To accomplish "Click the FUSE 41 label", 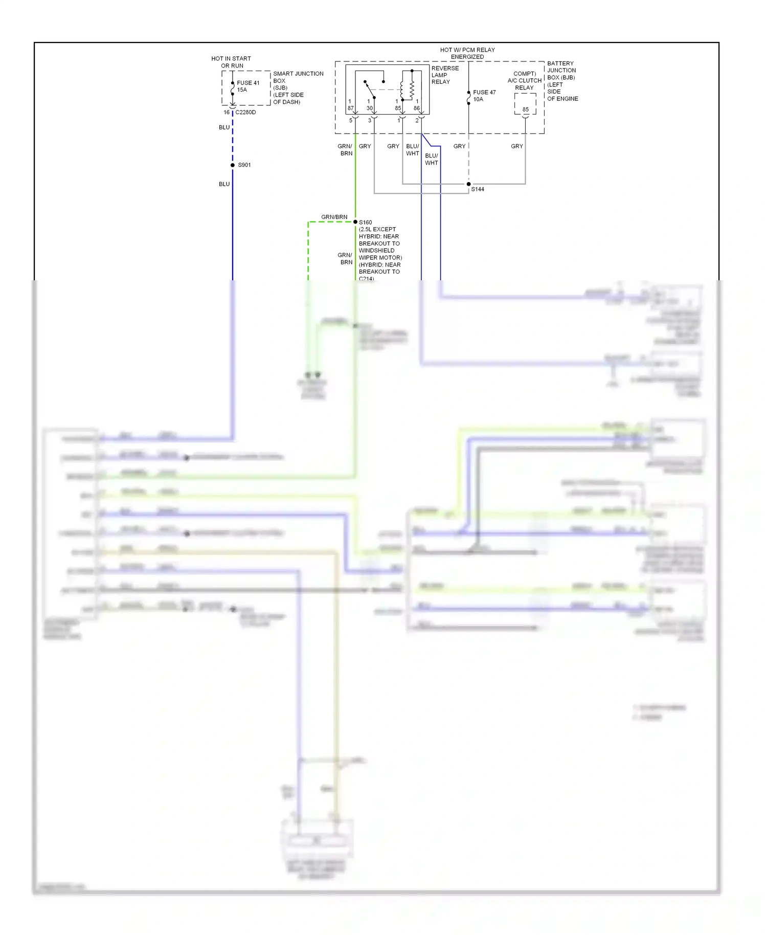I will tap(248, 83).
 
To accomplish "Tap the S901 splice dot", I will tap(233, 165).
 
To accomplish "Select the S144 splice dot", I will tap(468, 184).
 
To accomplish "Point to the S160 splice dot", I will tap(355, 222).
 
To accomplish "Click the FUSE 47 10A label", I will tap(484, 96).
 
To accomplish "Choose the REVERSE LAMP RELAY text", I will tap(445, 75).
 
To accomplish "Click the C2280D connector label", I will tap(245, 113).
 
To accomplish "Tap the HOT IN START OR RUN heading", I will tap(231, 62).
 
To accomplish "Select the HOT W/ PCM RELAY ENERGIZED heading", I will tap(467, 53).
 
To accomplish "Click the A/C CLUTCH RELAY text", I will tap(524, 81).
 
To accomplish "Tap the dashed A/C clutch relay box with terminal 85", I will tap(525, 104).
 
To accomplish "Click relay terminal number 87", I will tap(350, 108).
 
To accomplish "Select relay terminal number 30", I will tap(369, 108).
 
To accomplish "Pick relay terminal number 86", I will tap(417, 108).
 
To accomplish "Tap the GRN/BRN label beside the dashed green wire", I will tap(334, 217).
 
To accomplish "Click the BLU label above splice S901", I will tap(224, 127).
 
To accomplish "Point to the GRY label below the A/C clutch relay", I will tap(517, 146).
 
